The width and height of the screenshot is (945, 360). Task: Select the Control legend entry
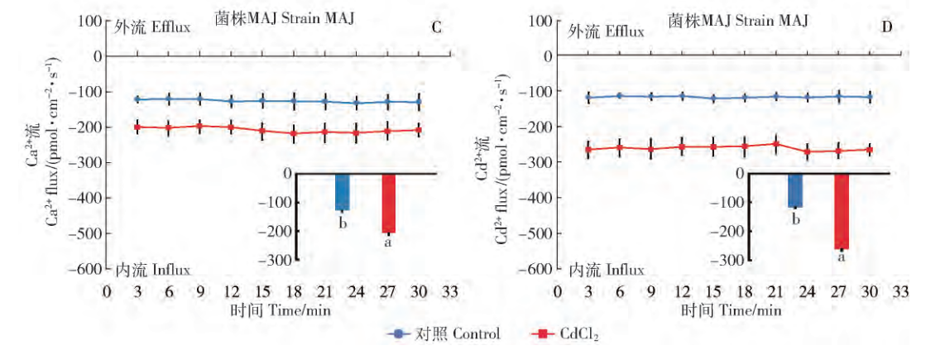444,334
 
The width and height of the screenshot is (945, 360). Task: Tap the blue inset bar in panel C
342,191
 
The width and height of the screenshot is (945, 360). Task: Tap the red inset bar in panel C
389,203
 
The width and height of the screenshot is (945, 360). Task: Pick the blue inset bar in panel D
795,190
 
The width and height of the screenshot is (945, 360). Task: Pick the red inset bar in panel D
842,211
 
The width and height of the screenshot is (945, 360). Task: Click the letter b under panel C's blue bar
342,222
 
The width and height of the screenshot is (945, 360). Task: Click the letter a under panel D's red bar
842,257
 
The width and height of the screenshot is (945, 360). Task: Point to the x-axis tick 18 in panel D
745,292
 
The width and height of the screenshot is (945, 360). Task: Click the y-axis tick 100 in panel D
538,21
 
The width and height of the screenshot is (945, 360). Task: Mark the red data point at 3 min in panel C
137,127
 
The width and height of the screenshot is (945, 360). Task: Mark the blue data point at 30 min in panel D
869,97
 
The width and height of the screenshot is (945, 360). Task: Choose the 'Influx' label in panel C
170,270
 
